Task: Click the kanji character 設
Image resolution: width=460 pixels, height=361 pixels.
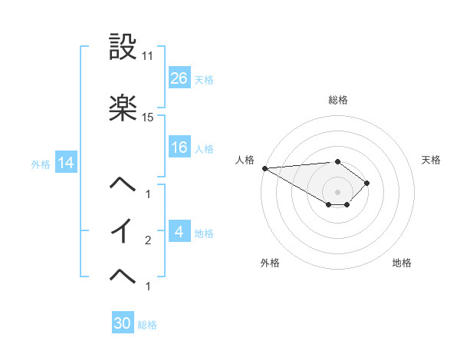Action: point(123,48)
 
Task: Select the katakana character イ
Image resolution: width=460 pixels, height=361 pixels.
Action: point(123,230)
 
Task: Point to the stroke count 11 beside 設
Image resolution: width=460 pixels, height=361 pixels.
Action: point(147,56)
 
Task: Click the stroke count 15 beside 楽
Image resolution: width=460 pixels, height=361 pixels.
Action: point(148,118)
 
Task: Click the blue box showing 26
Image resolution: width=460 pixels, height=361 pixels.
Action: point(179,78)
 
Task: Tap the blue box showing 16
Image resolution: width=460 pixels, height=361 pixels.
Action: point(179,147)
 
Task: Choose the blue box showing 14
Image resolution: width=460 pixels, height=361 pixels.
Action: point(65,163)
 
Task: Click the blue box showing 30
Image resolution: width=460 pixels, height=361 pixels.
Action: point(123,323)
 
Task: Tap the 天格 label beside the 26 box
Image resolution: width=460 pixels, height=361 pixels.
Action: point(204,79)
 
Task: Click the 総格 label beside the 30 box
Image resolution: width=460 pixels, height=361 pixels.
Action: point(147,325)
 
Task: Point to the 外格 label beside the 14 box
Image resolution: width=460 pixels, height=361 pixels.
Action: point(41,164)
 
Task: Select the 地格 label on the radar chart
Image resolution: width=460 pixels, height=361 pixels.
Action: point(402,263)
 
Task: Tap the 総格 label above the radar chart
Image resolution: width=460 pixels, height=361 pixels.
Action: point(337,100)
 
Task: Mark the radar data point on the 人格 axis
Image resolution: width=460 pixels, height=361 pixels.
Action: point(264,168)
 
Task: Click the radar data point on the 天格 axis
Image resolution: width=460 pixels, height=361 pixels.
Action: point(368,183)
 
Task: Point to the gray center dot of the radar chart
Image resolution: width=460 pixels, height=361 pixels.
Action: point(337,192)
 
